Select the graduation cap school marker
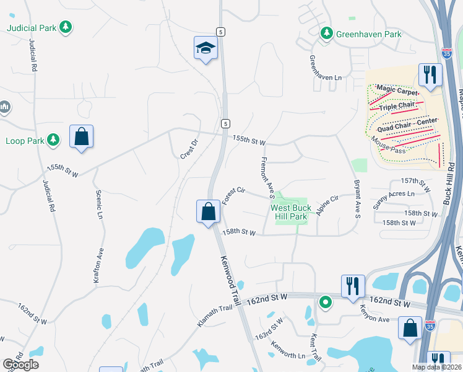click(x=206, y=48)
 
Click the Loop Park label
click(x=25, y=141)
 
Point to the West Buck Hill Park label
click(x=289, y=213)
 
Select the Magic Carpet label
click(x=397, y=91)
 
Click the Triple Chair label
click(x=397, y=106)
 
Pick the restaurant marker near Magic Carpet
click(x=430, y=74)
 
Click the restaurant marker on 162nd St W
click(x=352, y=285)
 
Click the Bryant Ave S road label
click(x=357, y=199)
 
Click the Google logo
click(x=20, y=365)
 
